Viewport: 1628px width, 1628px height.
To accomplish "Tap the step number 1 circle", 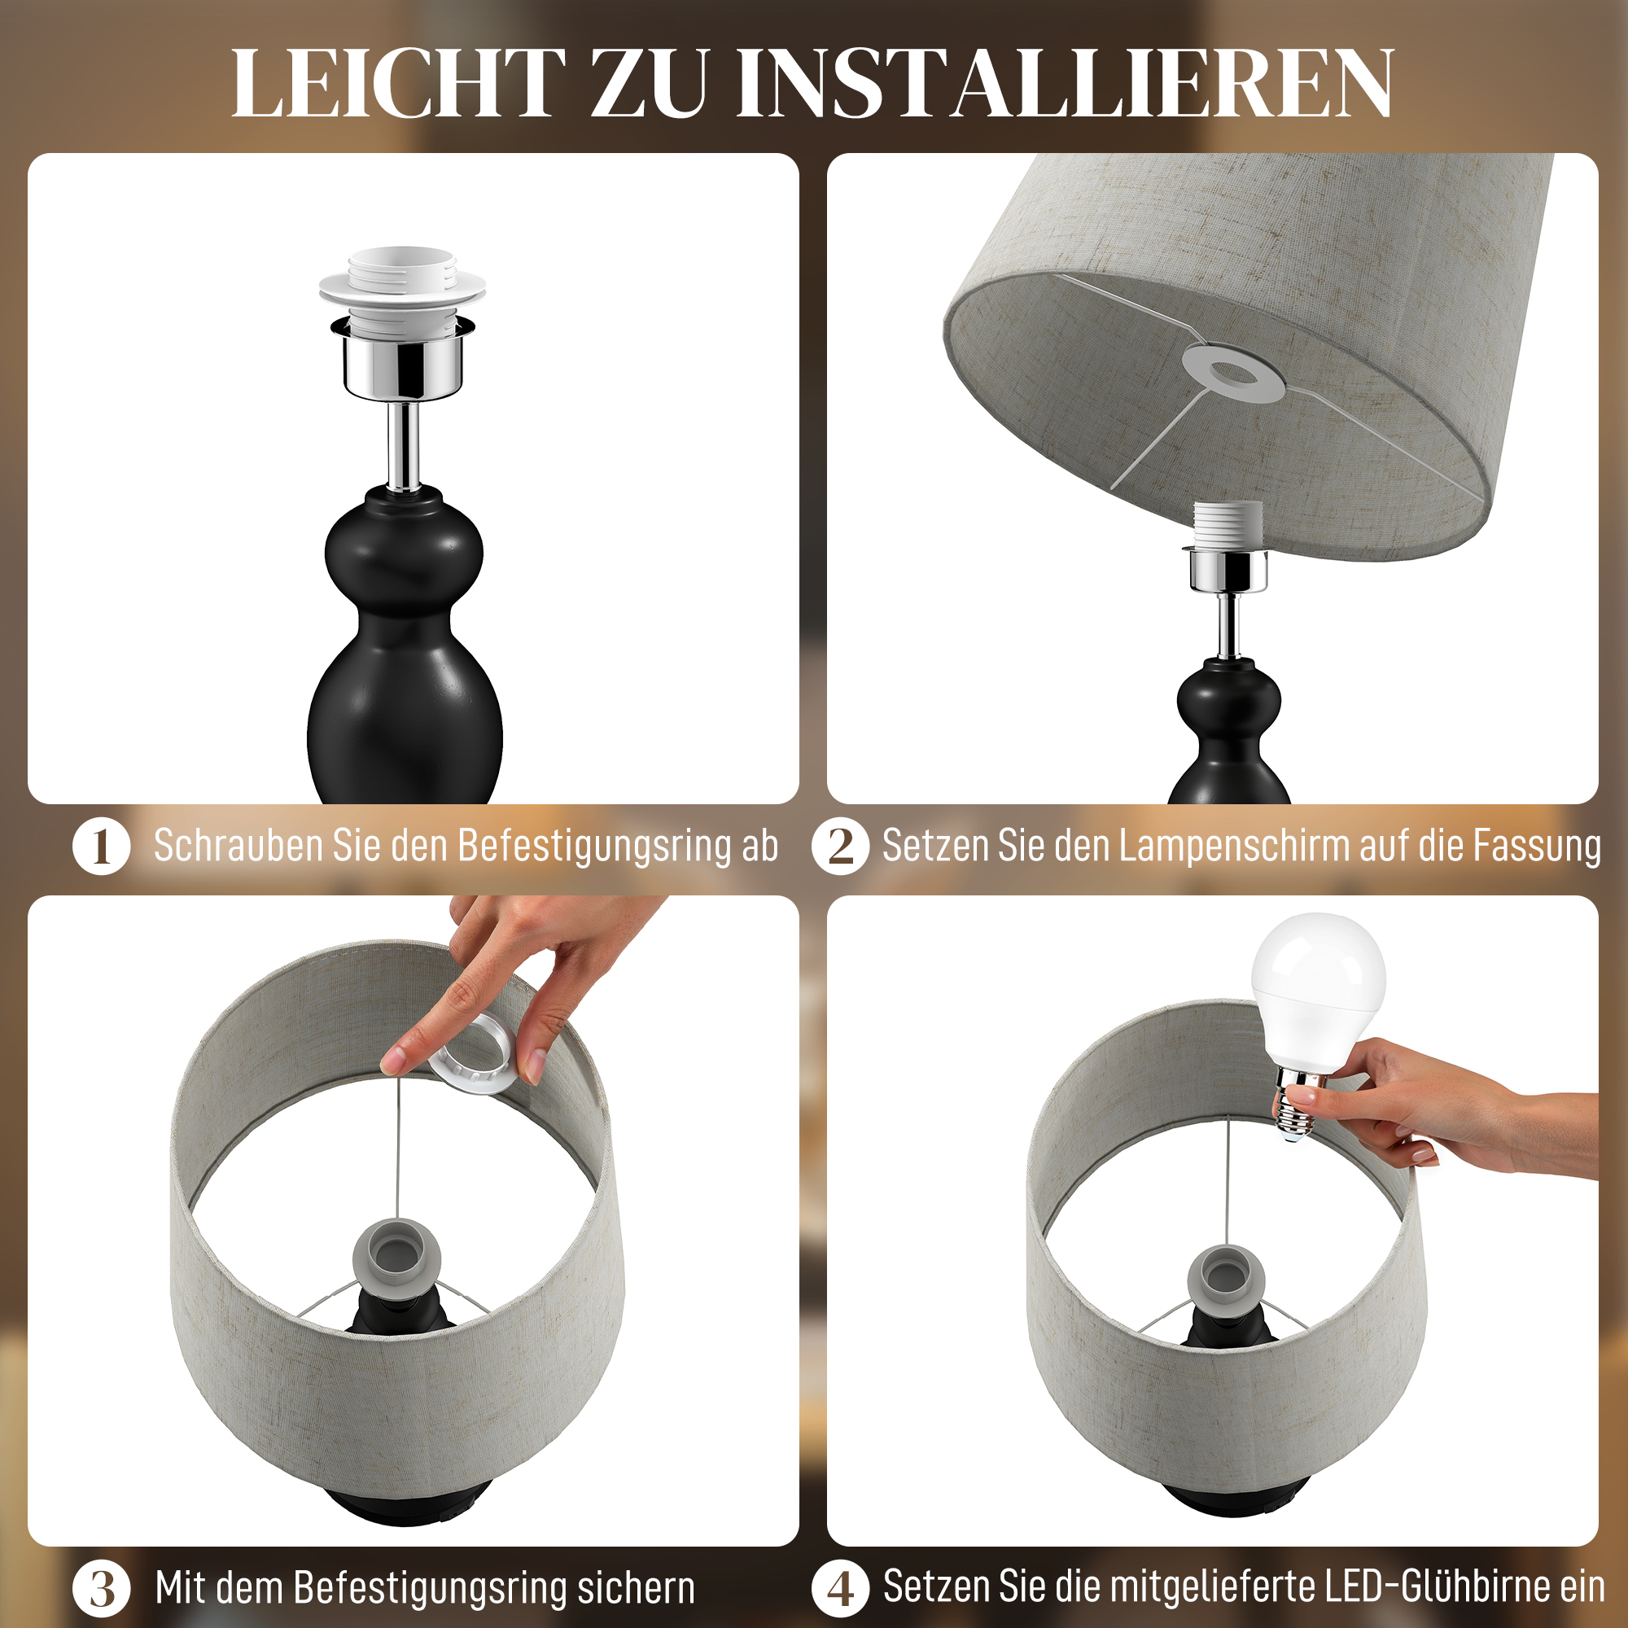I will tap(101, 846).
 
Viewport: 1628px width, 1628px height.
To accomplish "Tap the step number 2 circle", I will tap(840, 846).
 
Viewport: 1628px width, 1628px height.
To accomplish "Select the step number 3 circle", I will tap(101, 1588).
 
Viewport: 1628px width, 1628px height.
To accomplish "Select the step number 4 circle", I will tap(840, 1588).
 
